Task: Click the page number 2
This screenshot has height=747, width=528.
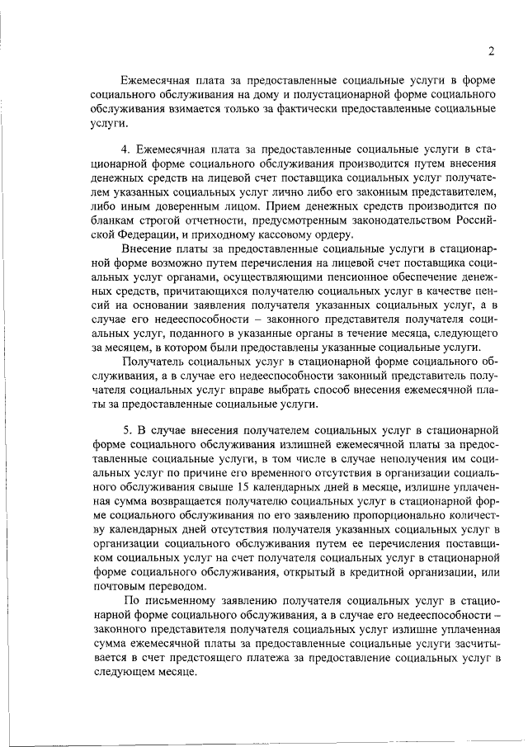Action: [x=490, y=51]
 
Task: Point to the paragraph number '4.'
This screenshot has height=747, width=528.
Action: [x=126, y=149]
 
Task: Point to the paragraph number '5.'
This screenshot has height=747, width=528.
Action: [x=126, y=429]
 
